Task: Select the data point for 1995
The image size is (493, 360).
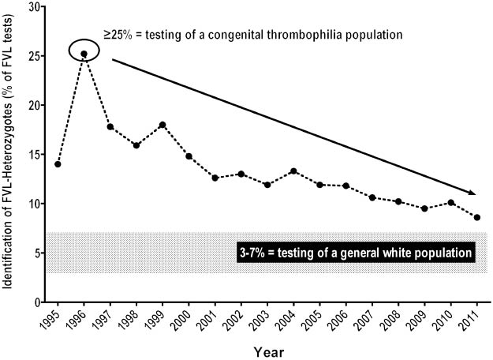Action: click(58, 164)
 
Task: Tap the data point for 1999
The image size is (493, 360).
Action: click(162, 125)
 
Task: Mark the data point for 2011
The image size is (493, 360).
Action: click(477, 217)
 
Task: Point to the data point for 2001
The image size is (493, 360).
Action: click(215, 178)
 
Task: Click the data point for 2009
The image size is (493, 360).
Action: click(424, 208)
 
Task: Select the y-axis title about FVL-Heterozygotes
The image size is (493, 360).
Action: click(9, 154)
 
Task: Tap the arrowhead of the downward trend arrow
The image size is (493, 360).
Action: click(472, 192)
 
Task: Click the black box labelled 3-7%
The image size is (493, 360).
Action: click(355, 253)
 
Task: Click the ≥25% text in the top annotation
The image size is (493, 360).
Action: click(120, 36)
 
